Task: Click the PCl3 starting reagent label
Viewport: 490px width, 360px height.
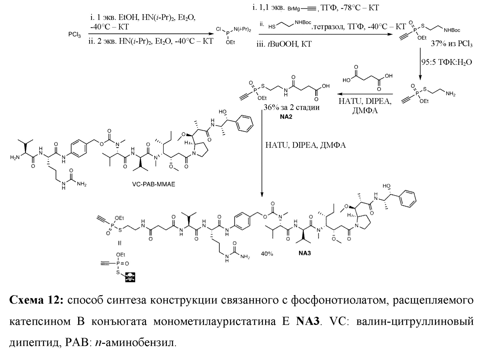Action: pyautogui.click(x=74, y=35)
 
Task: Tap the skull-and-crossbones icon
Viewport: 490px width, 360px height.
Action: pyautogui.click(x=130, y=277)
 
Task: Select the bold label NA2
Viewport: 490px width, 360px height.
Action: pyautogui.click(x=286, y=117)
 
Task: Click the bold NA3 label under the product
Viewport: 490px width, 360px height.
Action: pyautogui.click(x=305, y=253)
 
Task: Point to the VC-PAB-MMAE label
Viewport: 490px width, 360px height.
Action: pyautogui.click(x=154, y=184)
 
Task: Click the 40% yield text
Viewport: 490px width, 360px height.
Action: pyautogui.click(x=267, y=254)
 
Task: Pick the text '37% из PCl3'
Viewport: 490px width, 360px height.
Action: pyautogui.click(x=452, y=44)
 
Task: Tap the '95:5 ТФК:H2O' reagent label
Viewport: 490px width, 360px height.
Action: pyautogui.click(x=446, y=62)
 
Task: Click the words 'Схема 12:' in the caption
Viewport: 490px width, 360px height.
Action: pyautogui.click(x=36, y=300)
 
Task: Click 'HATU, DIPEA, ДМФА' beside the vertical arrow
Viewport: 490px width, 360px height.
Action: pyautogui.click(x=305, y=145)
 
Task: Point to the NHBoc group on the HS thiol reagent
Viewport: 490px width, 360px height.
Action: pyautogui.click(x=303, y=23)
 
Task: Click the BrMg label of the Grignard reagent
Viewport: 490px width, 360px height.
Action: pyautogui.click(x=294, y=9)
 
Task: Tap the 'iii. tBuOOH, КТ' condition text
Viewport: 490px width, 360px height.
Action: pyautogui.click(x=284, y=44)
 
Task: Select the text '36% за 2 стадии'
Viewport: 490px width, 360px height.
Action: pyautogui.click(x=291, y=107)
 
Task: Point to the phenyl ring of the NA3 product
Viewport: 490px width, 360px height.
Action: pyautogui.click(x=408, y=199)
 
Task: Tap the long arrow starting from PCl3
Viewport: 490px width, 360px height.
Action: pyautogui.click(x=150, y=34)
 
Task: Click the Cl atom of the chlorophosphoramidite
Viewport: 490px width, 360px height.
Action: pyautogui.click(x=219, y=29)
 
